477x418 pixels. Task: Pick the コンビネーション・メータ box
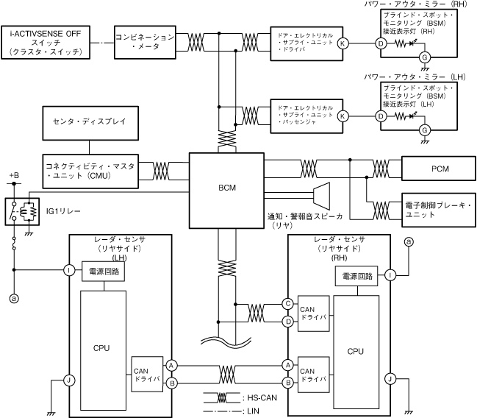[x=146, y=41]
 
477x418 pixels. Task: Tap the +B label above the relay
[x=14, y=176]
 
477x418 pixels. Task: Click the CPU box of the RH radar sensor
[x=356, y=351]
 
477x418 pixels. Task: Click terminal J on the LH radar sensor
[x=68, y=380]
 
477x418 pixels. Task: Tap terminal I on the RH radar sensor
[x=390, y=275]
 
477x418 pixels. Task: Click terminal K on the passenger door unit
[x=343, y=116]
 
